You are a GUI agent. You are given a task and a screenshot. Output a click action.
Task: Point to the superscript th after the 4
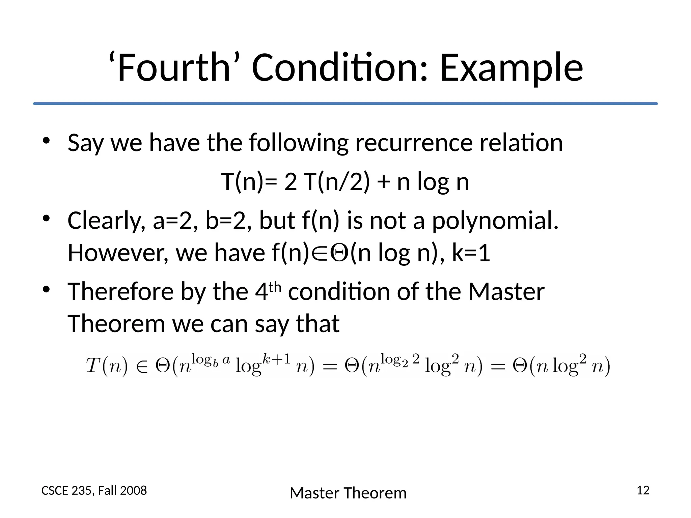click(275, 287)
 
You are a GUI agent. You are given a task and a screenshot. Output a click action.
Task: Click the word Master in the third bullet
click(506, 292)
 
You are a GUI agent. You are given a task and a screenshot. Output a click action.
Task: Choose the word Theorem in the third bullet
click(116, 324)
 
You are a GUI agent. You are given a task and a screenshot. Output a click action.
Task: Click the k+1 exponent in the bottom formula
click(276, 359)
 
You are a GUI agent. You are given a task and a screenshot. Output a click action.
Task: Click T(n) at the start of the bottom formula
click(107, 366)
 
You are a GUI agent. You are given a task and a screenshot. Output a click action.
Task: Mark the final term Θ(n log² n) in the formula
click(561, 366)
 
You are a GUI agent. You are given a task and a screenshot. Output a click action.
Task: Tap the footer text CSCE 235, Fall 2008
click(94, 491)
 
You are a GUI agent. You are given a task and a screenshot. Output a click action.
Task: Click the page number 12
click(643, 490)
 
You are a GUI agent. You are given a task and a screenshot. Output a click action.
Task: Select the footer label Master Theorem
click(348, 493)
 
